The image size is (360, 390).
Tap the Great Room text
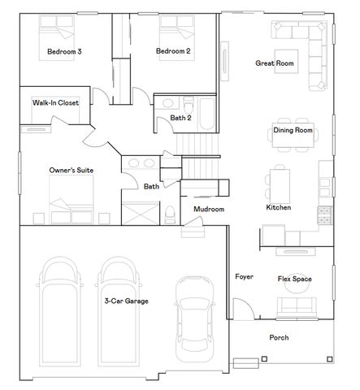click(x=275, y=63)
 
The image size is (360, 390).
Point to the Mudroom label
click(x=208, y=210)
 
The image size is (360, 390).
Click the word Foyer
click(x=244, y=277)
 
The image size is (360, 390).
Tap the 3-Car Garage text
click(x=126, y=301)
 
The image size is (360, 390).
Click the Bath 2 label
click(x=180, y=119)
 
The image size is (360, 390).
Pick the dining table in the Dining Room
click(x=293, y=139)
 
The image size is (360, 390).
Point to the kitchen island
click(x=280, y=186)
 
